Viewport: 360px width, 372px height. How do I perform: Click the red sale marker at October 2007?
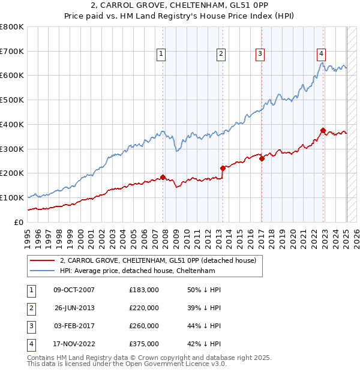click(x=163, y=177)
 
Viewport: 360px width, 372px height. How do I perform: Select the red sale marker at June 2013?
click(x=223, y=168)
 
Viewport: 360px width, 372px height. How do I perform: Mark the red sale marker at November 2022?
click(x=323, y=130)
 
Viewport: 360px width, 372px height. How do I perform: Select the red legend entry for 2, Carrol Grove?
click(x=158, y=260)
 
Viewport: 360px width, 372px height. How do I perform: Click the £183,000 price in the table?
click(x=144, y=290)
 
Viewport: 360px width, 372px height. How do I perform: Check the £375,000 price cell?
click(x=144, y=344)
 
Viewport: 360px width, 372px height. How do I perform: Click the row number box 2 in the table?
click(x=31, y=308)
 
